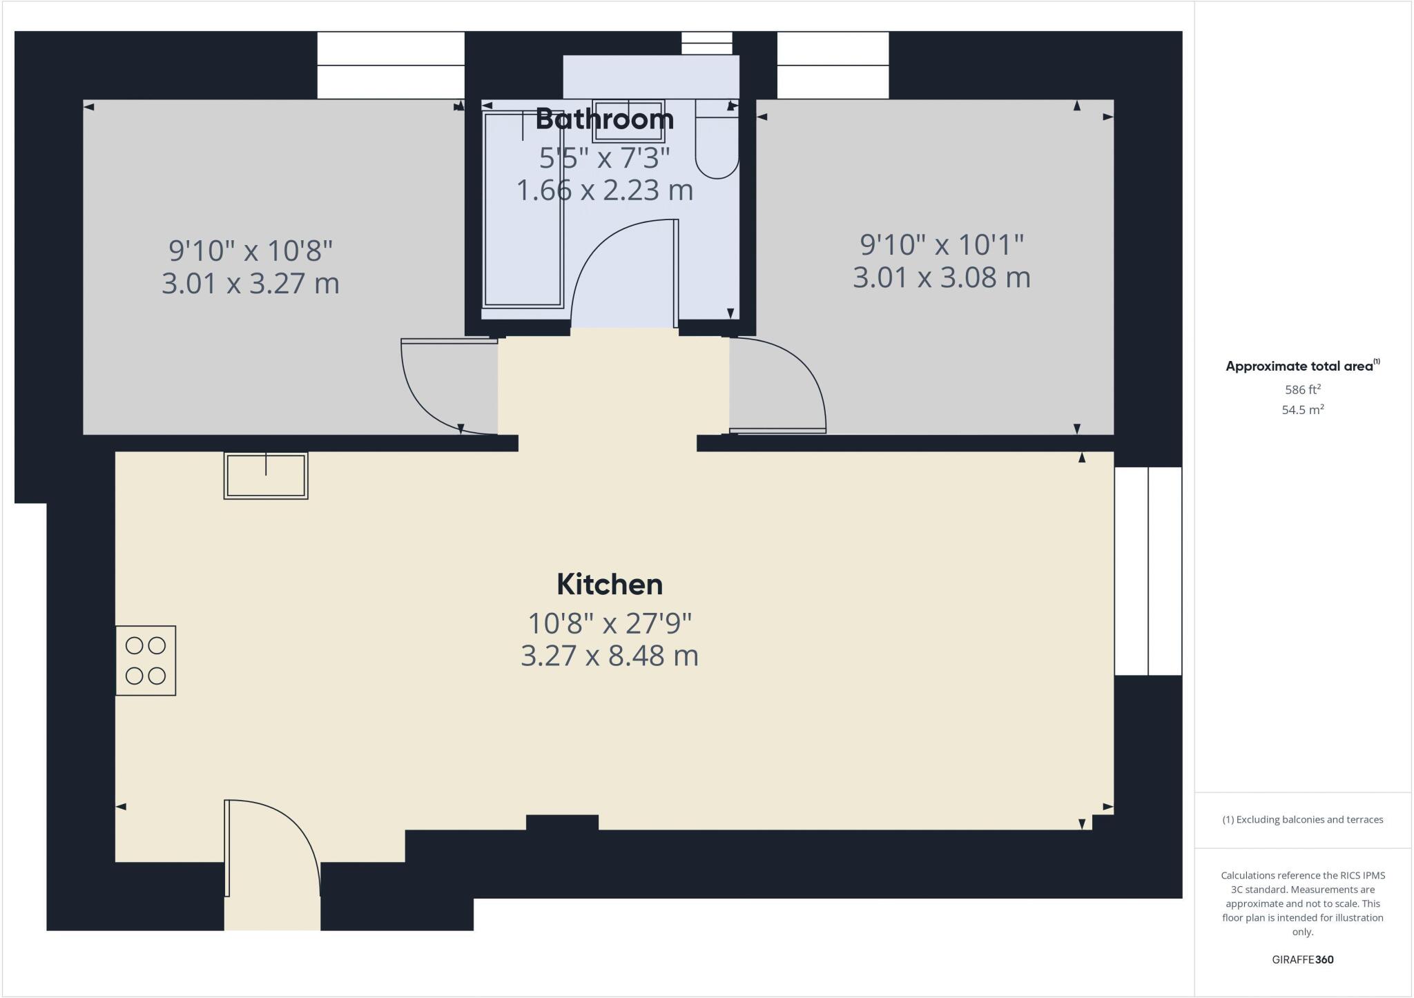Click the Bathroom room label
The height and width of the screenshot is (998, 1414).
604,119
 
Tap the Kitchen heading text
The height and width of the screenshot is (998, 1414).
610,585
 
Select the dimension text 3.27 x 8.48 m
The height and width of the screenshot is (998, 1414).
610,656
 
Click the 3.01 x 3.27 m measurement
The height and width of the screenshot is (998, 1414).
251,284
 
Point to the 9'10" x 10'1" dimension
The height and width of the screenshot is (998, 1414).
941,244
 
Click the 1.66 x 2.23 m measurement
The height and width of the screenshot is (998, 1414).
604,190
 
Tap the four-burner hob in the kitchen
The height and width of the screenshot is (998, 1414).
146,661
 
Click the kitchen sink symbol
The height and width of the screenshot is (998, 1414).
266,476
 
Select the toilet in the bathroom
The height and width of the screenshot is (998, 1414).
717,141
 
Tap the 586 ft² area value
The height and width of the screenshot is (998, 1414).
1302,389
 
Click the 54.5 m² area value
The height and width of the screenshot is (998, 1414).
1302,410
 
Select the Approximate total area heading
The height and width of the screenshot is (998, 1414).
1302,366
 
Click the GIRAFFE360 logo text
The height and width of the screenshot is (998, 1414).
1302,959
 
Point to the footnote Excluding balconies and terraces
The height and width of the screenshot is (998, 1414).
1302,820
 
